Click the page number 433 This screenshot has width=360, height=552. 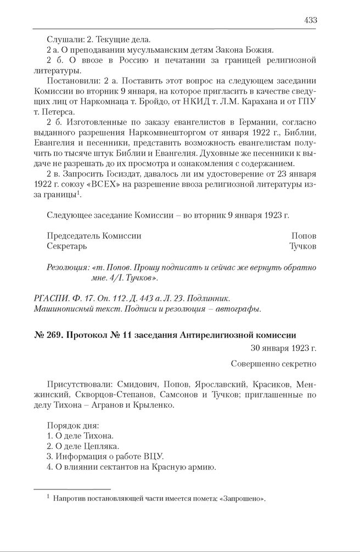tap(310, 20)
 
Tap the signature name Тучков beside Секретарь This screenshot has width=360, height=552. tap(302, 246)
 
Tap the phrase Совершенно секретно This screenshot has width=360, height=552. tap(273, 363)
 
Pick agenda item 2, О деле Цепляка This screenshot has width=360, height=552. tap(83, 446)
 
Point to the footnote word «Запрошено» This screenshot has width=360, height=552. tap(237, 498)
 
